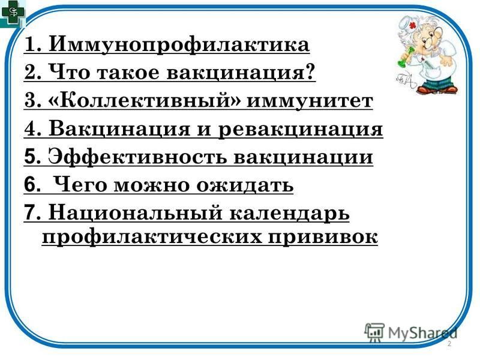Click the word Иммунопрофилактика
179,45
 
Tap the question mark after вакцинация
310,72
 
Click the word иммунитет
310,101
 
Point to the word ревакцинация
301,130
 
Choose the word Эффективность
138,157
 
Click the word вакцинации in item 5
304,158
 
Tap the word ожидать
245,185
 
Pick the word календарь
289,214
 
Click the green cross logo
12,13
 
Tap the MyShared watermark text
422,333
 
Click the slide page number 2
449,343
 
